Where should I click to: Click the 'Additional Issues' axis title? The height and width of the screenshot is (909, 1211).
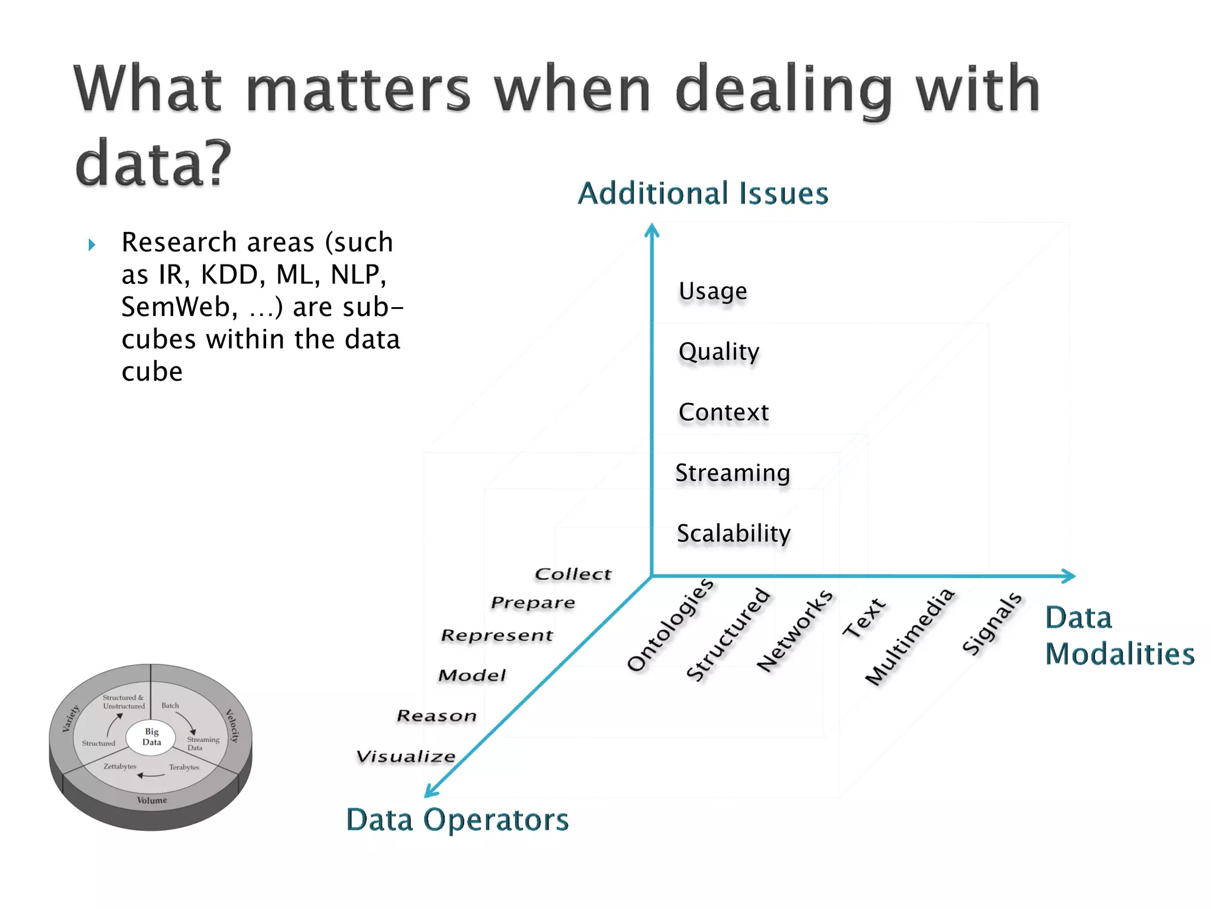pyautogui.click(x=702, y=194)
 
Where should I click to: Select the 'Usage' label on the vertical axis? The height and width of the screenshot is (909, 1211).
pyautogui.click(x=713, y=291)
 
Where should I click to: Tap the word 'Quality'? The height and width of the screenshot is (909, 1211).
pyautogui.click(x=718, y=352)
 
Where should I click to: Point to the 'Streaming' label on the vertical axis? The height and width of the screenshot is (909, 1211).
pyautogui.click(x=732, y=473)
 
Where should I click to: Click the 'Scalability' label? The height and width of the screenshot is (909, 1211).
pyautogui.click(x=733, y=533)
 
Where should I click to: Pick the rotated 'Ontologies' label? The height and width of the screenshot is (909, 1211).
pyautogui.click(x=670, y=625)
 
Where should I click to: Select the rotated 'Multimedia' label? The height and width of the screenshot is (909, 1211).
pyautogui.click(x=909, y=636)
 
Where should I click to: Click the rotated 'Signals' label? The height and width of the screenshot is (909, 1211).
pyautogui.click(x=992, y=624)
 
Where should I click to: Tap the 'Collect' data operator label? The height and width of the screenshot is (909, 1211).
pyautogui.click(x=572, y=574)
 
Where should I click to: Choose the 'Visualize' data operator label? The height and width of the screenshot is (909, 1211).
pyautogui.click(x=406, y=756)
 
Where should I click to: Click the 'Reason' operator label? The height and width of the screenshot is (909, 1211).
pyautogui.click(x=436, y=716)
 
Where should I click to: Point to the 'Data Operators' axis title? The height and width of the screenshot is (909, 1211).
pyautogui.click(x=457, y=820)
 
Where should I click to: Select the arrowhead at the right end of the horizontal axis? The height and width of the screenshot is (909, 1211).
pyautogui.click(x=1068, y=576)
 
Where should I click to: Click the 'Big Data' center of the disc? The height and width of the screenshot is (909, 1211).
pyautogui.click(x=151, y=737)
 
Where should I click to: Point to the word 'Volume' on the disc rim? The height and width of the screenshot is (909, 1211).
pyautogui.click(x=152, y=800)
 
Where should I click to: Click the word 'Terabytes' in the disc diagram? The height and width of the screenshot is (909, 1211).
pyautogui.click(x=184, y=767)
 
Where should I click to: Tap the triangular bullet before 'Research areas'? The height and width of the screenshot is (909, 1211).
pyautogui.click(x=92, y=244)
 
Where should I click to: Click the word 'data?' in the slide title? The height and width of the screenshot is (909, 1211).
pyautogui.click(x=153, y=163)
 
